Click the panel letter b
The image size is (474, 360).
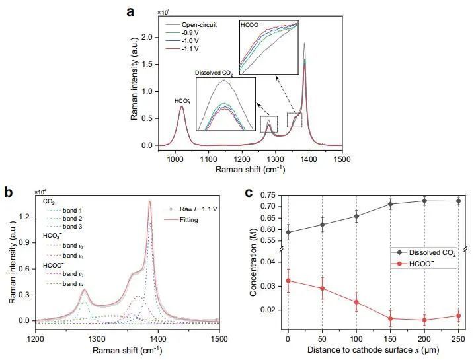coord(9,192)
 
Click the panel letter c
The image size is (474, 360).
coord(248,192)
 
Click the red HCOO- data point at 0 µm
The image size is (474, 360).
coord(288,281)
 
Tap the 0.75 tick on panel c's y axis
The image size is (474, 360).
coord(271,195)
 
